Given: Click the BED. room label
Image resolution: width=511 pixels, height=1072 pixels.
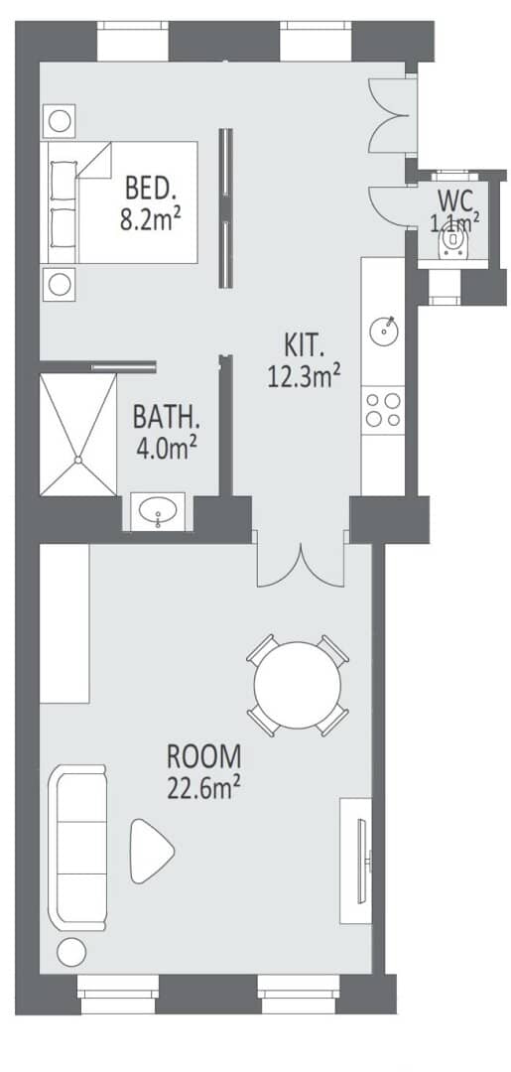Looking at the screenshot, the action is coord(151,186).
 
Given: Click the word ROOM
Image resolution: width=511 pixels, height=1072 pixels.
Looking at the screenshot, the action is coord(204,757).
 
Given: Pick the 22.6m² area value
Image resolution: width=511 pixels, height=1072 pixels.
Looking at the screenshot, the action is coord(203,788).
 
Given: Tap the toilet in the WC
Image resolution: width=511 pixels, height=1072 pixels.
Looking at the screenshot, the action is coord(451,240).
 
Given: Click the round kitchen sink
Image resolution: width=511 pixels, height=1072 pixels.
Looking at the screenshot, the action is coord(383,332).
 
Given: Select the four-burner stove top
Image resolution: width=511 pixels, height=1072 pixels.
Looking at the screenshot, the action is coord(383,410).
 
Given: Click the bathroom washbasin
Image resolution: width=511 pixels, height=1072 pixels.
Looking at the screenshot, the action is coord(158,510).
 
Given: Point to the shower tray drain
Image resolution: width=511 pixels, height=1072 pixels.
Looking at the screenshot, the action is coord(78,460).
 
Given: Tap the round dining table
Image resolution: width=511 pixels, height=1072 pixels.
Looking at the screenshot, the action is coord(297,685).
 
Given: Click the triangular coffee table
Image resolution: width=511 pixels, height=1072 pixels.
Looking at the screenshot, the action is coord(151,851).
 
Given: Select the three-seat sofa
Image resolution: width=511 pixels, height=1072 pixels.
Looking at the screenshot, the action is coord(77,847).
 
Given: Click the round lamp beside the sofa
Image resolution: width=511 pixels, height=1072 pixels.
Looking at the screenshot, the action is coord(71,952).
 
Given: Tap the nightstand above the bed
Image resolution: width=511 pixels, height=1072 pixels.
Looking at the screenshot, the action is coord(60,121).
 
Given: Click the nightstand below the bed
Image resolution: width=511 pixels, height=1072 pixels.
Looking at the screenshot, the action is coord(60,284).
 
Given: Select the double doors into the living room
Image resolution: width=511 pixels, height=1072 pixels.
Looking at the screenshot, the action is coord(300,565).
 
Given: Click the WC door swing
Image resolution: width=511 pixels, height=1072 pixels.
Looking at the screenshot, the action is coord(388,205).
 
